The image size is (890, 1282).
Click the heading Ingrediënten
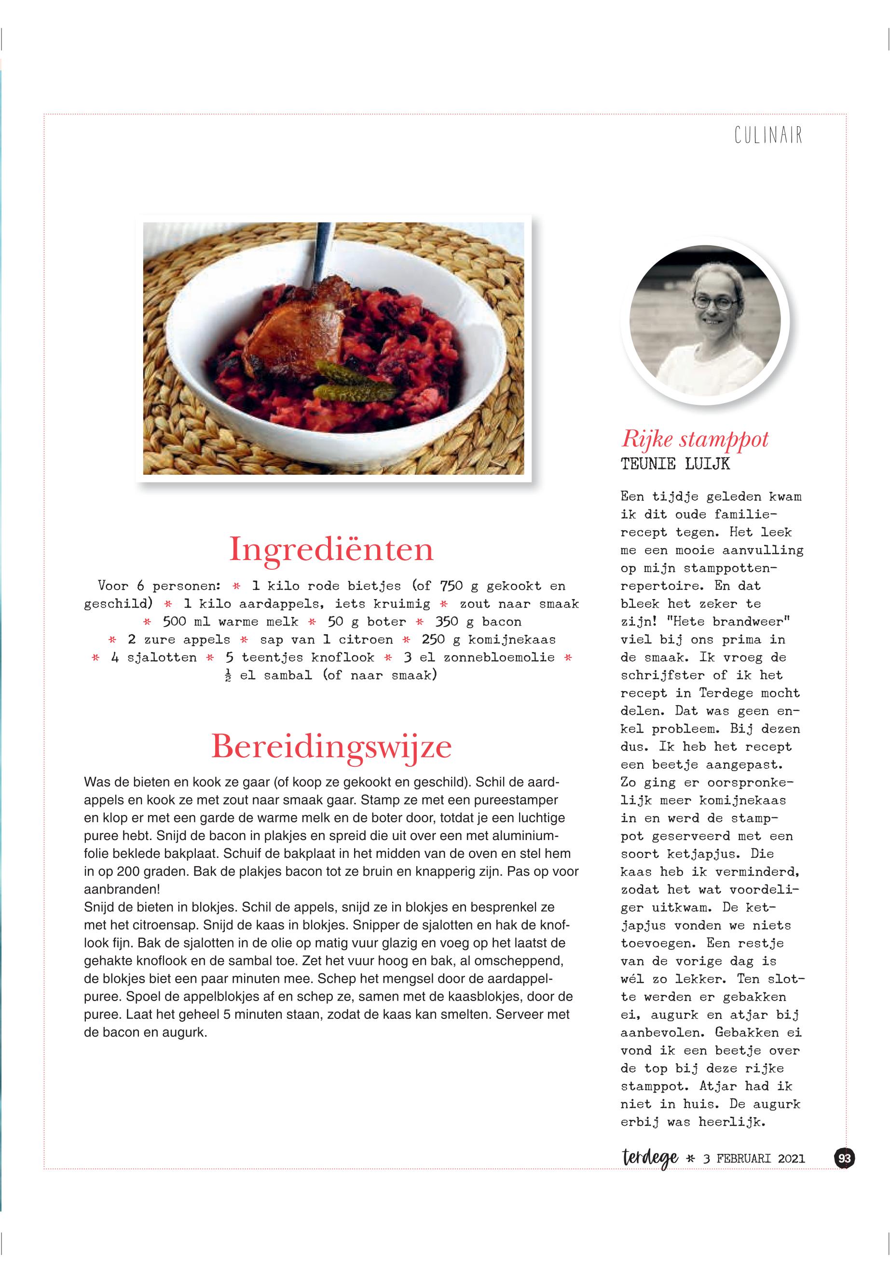click(331, 549)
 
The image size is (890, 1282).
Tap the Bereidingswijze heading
click(331, 747)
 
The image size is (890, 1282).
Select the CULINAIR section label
click(768, 135)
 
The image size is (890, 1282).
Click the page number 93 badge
click(844, 1158)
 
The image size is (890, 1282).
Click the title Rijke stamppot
click(695, 440)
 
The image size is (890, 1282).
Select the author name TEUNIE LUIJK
click(675, 464)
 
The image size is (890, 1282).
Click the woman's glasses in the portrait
click(714, 303)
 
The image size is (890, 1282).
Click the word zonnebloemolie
click(499, 657)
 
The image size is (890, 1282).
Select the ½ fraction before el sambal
click(228, 676)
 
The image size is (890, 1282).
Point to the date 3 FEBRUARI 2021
click(753, 1159)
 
